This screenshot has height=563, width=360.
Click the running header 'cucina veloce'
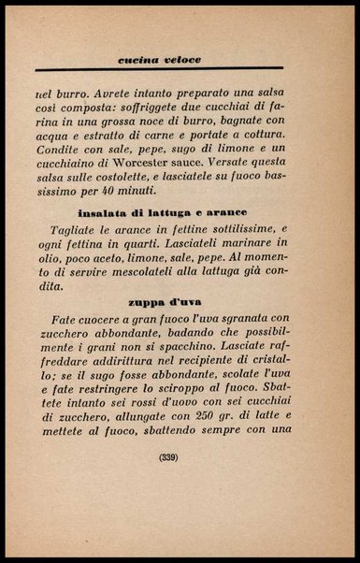pyautogui.click(x=160, y=60)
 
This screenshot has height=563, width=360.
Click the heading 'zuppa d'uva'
pyautogui.click(x=169, y=302)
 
